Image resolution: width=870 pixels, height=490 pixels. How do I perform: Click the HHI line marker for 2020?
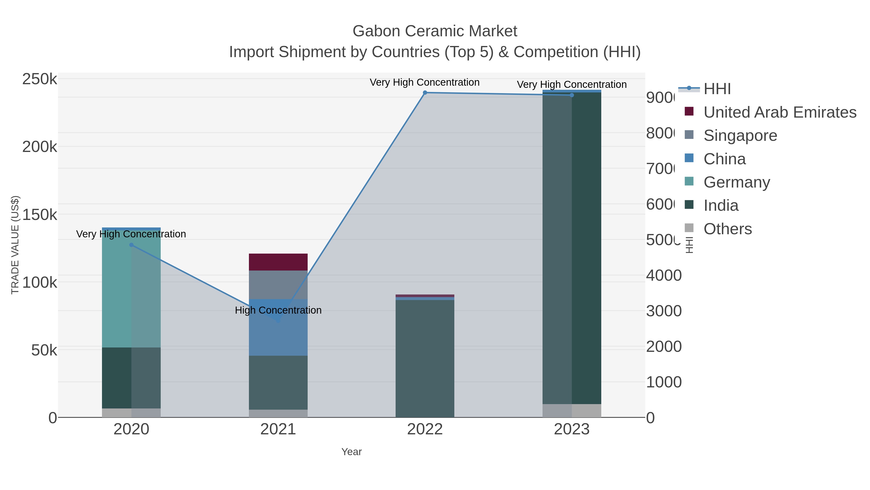[131, 245]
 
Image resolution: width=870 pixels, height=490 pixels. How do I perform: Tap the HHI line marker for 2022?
[425, 93]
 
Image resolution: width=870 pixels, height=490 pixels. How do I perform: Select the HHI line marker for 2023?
[572, 95]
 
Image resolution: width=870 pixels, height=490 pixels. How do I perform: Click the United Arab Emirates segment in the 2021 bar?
[278, 262]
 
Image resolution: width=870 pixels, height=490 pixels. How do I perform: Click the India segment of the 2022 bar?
[425, 358]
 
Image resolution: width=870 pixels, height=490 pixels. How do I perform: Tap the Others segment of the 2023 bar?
[572, 411]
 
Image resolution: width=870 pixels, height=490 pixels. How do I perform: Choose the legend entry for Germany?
[736, 182]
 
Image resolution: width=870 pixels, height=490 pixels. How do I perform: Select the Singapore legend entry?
[740, 136]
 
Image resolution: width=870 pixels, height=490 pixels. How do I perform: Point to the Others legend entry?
[727, 229]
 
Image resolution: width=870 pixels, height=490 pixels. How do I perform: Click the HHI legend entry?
[717, 89]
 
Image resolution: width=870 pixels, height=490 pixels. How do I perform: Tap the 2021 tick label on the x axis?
[278, 429]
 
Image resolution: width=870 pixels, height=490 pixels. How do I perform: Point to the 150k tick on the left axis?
[40, 214]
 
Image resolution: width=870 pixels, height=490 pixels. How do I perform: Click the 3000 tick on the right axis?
[664, 311]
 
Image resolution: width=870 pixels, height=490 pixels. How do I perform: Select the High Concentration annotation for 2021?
[278, 310]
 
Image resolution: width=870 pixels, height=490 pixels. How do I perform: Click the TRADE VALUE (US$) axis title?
[15, 245]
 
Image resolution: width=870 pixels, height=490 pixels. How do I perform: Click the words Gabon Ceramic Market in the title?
[435, 31]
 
